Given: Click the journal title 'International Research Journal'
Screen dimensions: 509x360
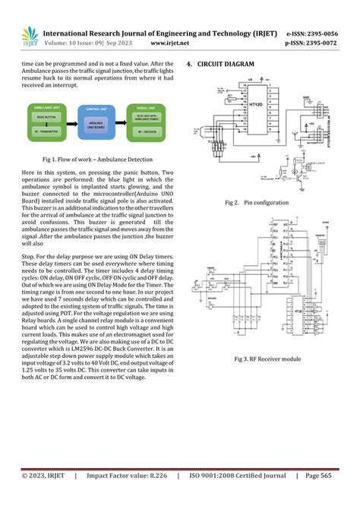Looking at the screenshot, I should click(x=114, y=34).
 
